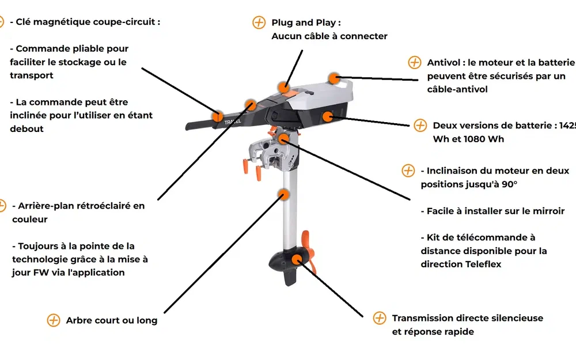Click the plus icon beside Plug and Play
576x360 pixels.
pos(259,22)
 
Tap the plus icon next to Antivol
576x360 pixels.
pos(414,62)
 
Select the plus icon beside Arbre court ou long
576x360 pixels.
pos(53,320)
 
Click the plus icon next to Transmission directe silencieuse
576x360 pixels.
pos(379,318)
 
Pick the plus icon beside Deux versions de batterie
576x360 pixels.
pos(420,126)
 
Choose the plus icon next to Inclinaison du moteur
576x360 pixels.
pos(408,171)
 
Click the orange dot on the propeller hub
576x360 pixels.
pos(297,259)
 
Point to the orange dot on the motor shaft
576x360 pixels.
pos(283,194)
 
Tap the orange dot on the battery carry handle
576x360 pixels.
pos(333,78)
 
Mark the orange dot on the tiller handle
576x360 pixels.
pos(218,116)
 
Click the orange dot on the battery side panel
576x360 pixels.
pos(328,116)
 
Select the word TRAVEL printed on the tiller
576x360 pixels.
pos(233,123)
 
